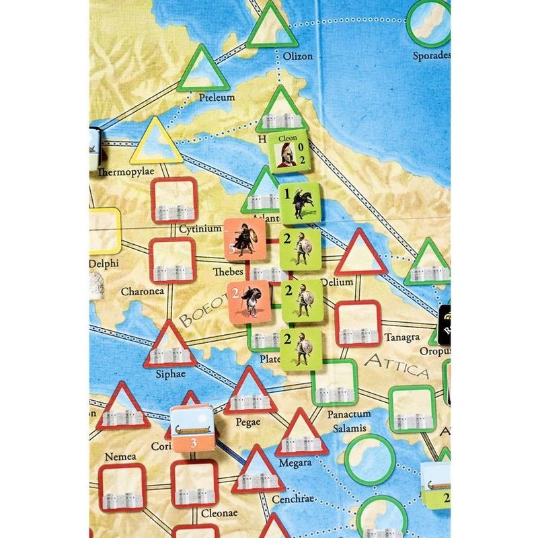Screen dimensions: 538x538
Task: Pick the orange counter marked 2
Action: coord(247,302)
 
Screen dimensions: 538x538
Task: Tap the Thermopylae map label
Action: coord(126,171)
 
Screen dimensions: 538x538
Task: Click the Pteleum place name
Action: coord(217,98)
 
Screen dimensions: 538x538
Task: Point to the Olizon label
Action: coord(298,56)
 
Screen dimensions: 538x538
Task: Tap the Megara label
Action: coord(296,462)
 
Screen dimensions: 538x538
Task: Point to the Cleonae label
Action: coord(220,513)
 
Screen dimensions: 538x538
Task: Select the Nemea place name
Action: coord(121,457)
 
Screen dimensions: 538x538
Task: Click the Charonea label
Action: coord(142,292)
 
